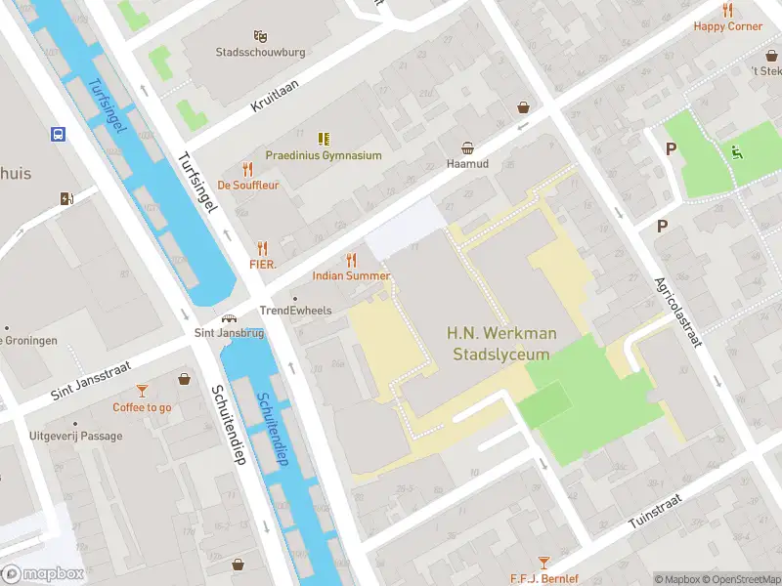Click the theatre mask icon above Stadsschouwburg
(x=260, y=36)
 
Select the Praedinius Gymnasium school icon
(x=324, y=139)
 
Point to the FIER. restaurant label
(x=262, y=265)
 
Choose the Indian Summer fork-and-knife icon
(x=351, y=260)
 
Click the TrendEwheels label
(x=295, y=311)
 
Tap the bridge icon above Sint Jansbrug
(x=229, y=318)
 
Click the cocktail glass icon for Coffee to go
(x=142, y=391)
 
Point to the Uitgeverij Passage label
(x=76, y=436)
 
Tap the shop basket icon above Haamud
(x=468, y=148)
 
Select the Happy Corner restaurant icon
(x=727, y=10)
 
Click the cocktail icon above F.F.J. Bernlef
(x=544, y=564)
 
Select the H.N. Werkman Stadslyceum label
(x=502, y=344)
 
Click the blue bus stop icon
(x=59, y=134)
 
